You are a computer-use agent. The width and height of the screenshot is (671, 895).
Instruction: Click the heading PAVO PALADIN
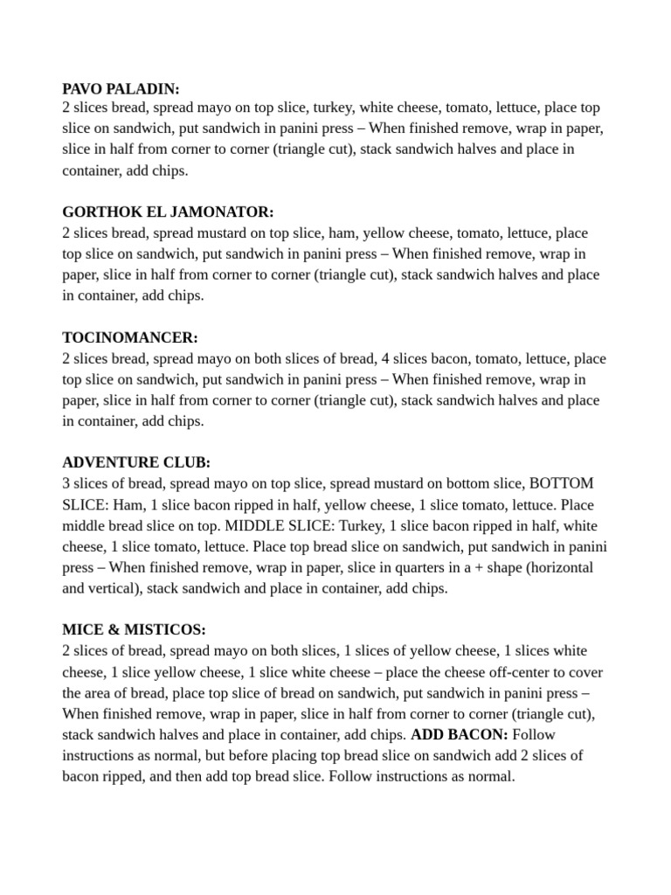pos(121,88)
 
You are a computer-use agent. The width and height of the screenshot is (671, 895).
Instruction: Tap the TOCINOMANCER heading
pos(130,337)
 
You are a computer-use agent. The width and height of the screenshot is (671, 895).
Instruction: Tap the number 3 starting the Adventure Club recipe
pos(66,483)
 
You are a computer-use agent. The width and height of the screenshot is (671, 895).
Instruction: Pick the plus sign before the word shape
pos(442,567)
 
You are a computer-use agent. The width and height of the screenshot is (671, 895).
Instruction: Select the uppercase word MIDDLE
pos(254,525)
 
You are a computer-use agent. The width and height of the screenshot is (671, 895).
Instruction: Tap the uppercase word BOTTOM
pos(562,483)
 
